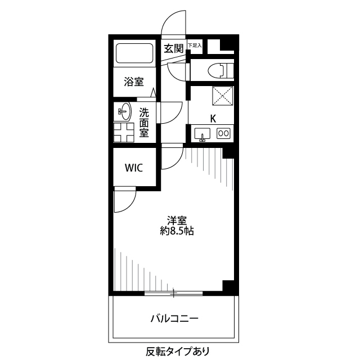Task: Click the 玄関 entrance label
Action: click(x=174, y=49)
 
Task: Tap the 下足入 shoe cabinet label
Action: click(x=194, y=45)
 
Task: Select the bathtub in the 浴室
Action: click(x=134, y=55)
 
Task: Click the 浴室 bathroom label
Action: click(x=133, y=82)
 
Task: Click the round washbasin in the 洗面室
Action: click(x=125, y=111)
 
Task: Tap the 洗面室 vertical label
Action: click(x=144, y=123)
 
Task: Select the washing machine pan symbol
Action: click(x=125, y=133)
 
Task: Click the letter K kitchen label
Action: click(x=213, y=118)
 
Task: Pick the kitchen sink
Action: click(x=202, y=134)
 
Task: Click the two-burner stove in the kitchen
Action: click(x=223, y=133)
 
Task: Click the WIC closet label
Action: click(x=133, y=168)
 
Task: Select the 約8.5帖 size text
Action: click(x=176, y=231)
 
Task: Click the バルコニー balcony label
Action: click(x=174, y=318)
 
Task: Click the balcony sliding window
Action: click(x=173, y=294)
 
